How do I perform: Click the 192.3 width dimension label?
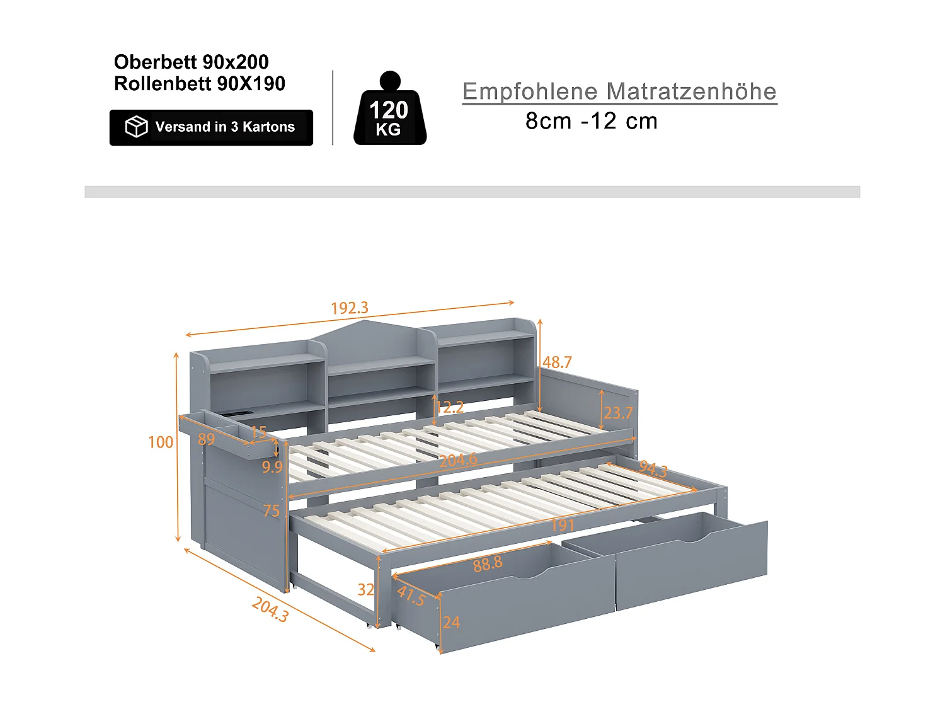point(350,308)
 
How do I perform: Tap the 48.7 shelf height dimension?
point(558,362)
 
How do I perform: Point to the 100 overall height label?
point(161,442)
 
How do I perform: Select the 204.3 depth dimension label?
point(270,609)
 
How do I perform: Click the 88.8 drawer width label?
point(488,563)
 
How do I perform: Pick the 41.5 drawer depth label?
point(411,596)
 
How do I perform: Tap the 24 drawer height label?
point(451,623)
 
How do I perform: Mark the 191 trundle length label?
point(562,525)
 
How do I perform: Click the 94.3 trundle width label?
point(653,469)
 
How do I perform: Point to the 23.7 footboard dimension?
point(618,413)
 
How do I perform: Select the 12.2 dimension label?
point(450,407)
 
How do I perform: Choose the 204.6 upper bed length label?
point(458,461)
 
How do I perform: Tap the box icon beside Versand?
point(136,127)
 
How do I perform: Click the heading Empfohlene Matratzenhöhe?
point(619,91)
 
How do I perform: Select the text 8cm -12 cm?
point(592,121)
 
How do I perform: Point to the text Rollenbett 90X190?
point(200,83)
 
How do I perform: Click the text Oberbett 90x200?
point(192,62)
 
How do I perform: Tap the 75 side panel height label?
point(272,511)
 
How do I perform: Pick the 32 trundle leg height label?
point(366,590)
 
